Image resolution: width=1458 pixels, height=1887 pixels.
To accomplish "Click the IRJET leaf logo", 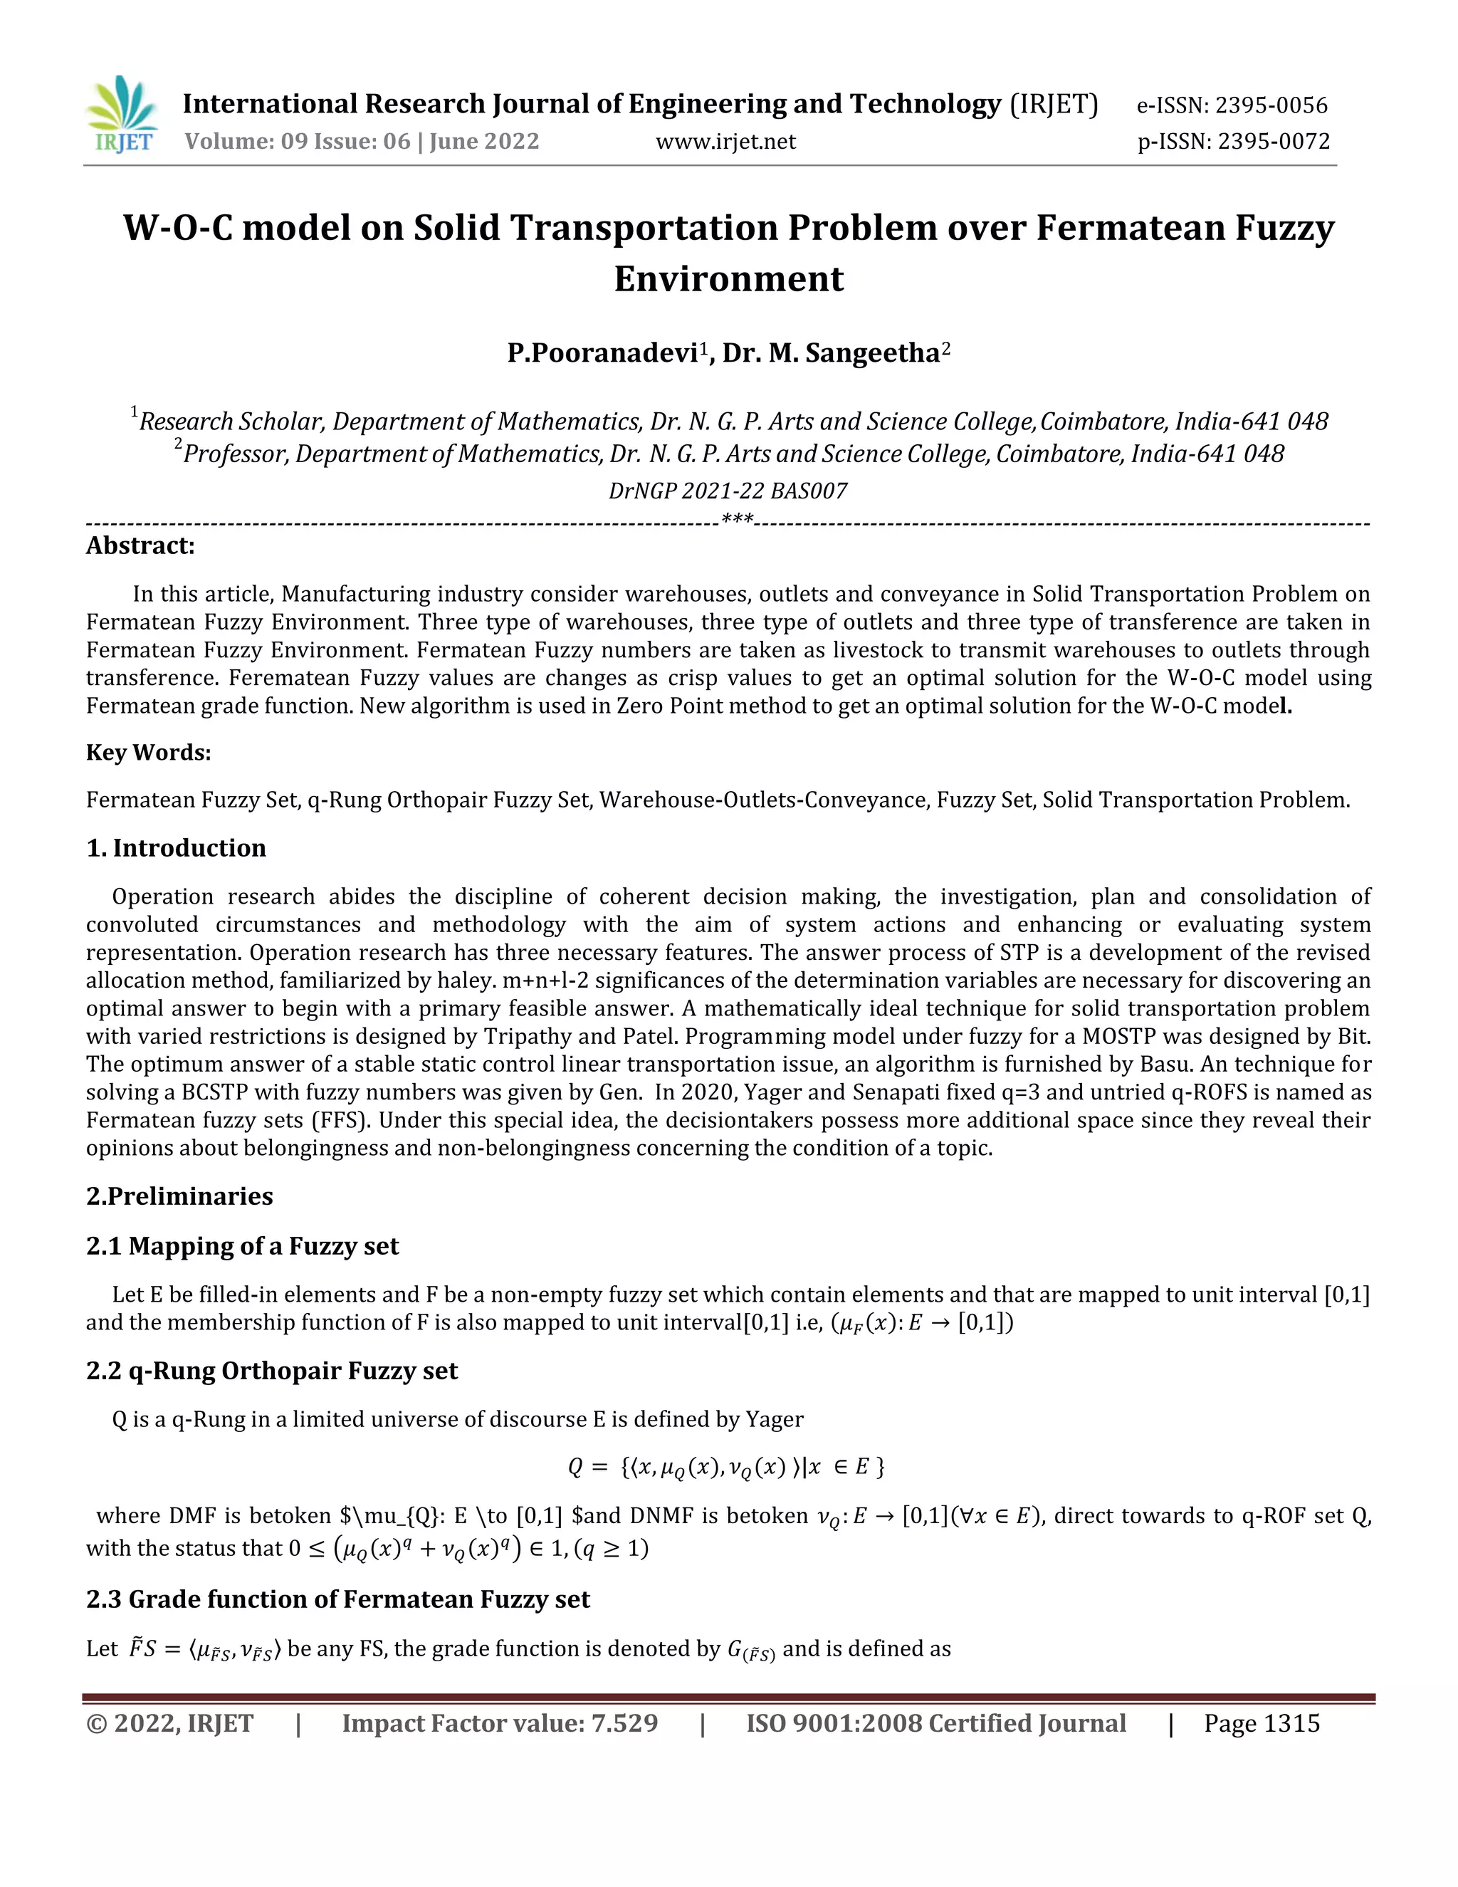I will [x=122, y=114].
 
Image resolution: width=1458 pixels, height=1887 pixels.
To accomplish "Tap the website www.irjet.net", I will [x=725, y=142].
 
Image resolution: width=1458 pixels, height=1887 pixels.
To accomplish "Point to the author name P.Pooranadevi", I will [x=603, y=353].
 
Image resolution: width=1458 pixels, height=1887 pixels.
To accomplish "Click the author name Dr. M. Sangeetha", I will [x=831, y=353].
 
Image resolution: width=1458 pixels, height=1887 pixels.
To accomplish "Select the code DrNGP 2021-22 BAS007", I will [x=728, y=491].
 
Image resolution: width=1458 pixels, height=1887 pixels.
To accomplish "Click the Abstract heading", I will [x=140, y=546].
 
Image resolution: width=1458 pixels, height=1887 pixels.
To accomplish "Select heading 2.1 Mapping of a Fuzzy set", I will [x=242, y=1246].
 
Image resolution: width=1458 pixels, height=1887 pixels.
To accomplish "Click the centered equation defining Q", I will [x=726, y=1467].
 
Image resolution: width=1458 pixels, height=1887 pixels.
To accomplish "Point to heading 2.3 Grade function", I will [x=337, y=1599].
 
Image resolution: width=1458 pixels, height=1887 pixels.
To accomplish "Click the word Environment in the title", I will [x=728, y=279].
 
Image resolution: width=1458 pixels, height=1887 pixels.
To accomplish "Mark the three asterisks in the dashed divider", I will [x=737, y=520].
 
